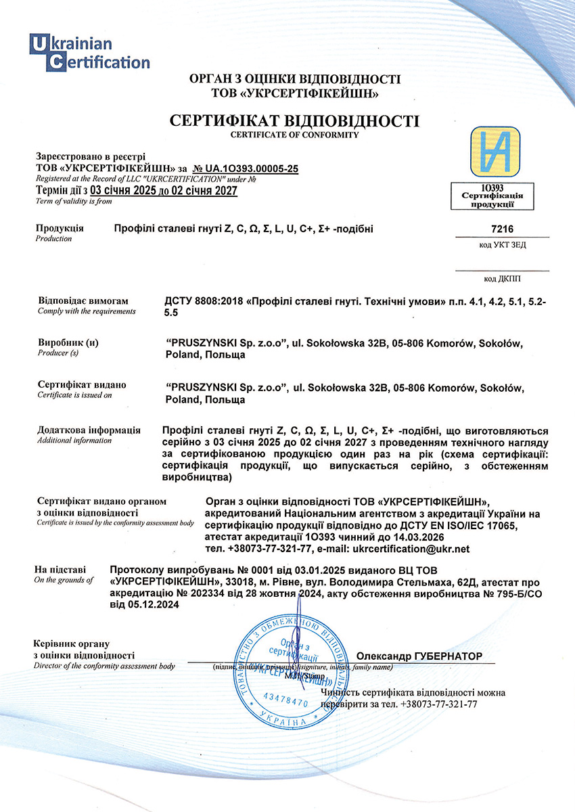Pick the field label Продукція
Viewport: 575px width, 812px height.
point(60,228)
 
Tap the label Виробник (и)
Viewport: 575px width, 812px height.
point(68,343)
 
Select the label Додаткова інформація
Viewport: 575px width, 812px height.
point(89,430)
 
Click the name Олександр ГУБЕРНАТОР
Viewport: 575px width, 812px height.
point(419,656)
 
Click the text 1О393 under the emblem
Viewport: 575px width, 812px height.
point(497,185)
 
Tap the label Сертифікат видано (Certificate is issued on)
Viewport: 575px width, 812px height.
point(82,385)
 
